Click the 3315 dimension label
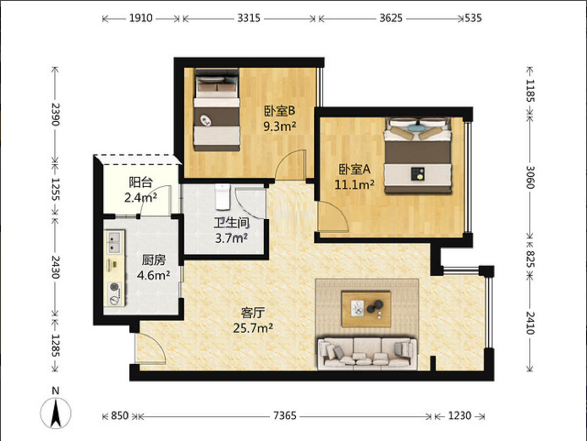click(249, 18)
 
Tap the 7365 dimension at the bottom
click(285, 415)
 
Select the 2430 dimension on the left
click(55, 267)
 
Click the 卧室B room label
click(280, 111)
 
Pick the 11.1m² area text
click(354, 184)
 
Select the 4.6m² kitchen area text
click(153, 275)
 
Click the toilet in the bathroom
click(222, 197)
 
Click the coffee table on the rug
click(366, 309)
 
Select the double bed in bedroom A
click(418, 155)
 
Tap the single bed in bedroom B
click(217, 110)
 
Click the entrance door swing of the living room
click(150, 349)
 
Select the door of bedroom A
click(333, 216)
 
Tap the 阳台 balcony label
click(141, 183)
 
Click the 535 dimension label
click(474, 18)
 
